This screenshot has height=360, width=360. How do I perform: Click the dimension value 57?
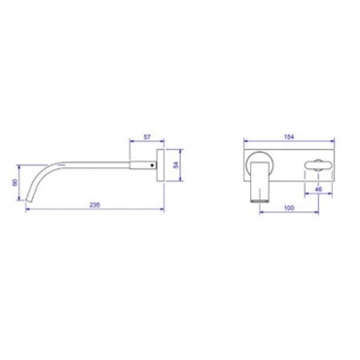(147, 137)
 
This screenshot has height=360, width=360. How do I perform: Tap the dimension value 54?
(175, 165)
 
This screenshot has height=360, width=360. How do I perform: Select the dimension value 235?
(94, 204)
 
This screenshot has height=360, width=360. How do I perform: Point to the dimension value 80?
(15, 183)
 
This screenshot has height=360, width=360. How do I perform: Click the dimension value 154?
(289, 137)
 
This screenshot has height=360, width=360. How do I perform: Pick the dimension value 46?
(318, 189)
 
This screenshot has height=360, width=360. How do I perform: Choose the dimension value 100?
(289, 208)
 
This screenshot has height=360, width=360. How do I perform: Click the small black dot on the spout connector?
(153, 165)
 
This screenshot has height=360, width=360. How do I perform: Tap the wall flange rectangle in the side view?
(161, 165)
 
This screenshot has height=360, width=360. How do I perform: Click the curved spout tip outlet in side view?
(28, 198)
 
